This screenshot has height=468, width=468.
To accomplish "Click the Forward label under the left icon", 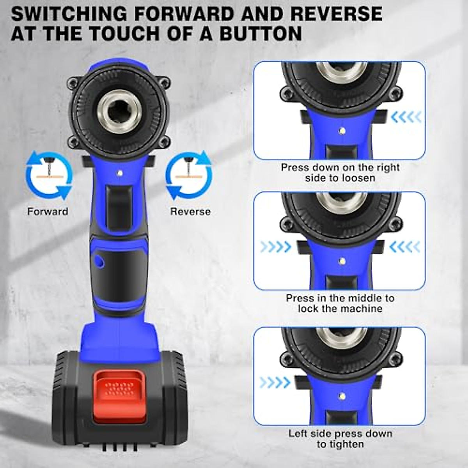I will tap(48, 212).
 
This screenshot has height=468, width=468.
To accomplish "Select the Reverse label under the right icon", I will tap(190, 212).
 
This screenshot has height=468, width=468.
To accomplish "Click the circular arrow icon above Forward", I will tap(49, 175).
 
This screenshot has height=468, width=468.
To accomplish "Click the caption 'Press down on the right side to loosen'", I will tap(340, 173).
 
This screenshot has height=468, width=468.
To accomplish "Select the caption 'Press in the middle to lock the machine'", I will tap(340, 303).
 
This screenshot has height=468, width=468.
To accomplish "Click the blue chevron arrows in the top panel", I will tap(406, 116).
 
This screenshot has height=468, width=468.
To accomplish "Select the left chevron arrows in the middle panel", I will tap(275, 246).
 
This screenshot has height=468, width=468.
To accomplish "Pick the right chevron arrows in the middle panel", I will tap(404, 246).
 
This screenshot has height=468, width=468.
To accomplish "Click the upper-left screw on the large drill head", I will tap(72, 82).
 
